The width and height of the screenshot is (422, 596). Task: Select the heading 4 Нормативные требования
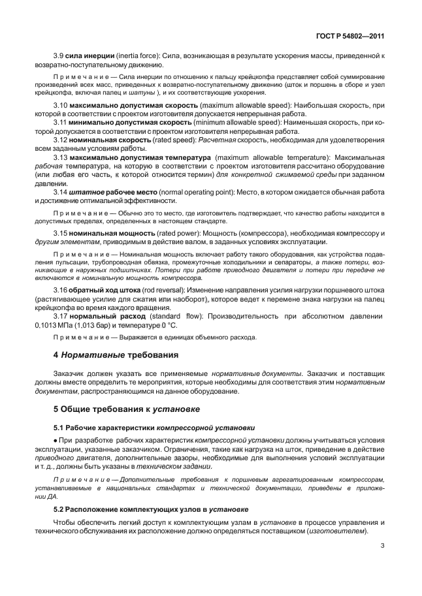click(115, 356)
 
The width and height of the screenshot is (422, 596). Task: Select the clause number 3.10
click(61, 104)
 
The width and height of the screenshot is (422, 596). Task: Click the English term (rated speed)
click(165, 139)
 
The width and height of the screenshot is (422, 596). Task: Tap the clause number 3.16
click(61, 289)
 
